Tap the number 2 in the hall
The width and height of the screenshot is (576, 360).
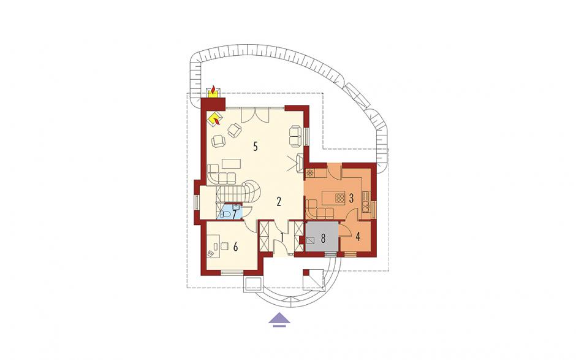[279, 201]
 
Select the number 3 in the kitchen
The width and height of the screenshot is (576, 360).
[351, 199]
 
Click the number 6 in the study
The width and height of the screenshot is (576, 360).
[235, 247]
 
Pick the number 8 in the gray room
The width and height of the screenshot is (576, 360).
[324, 239]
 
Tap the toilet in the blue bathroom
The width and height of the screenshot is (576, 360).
[225, 215]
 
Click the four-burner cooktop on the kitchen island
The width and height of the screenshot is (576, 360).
[340, 198]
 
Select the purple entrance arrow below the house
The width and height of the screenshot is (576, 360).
[279, 319]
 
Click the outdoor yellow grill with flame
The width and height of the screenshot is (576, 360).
[213, 91]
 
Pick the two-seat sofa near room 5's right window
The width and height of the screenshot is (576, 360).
[295, 136]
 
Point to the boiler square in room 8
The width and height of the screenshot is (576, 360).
[311, 240]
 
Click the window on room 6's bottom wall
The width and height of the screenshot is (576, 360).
[232, 272]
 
